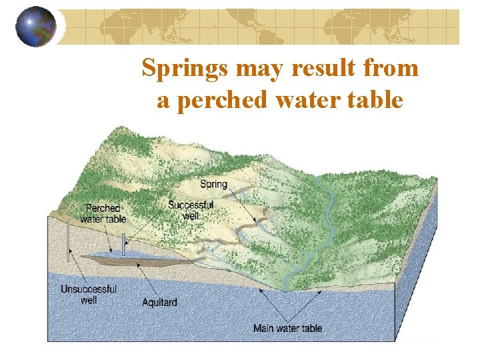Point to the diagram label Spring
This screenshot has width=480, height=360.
(213, 184)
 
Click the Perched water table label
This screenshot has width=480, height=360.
(103, 213)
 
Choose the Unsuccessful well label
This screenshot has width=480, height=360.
(89, 295)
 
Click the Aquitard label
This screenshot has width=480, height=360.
(159, 302)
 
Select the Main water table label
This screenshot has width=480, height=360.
(287, 328)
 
